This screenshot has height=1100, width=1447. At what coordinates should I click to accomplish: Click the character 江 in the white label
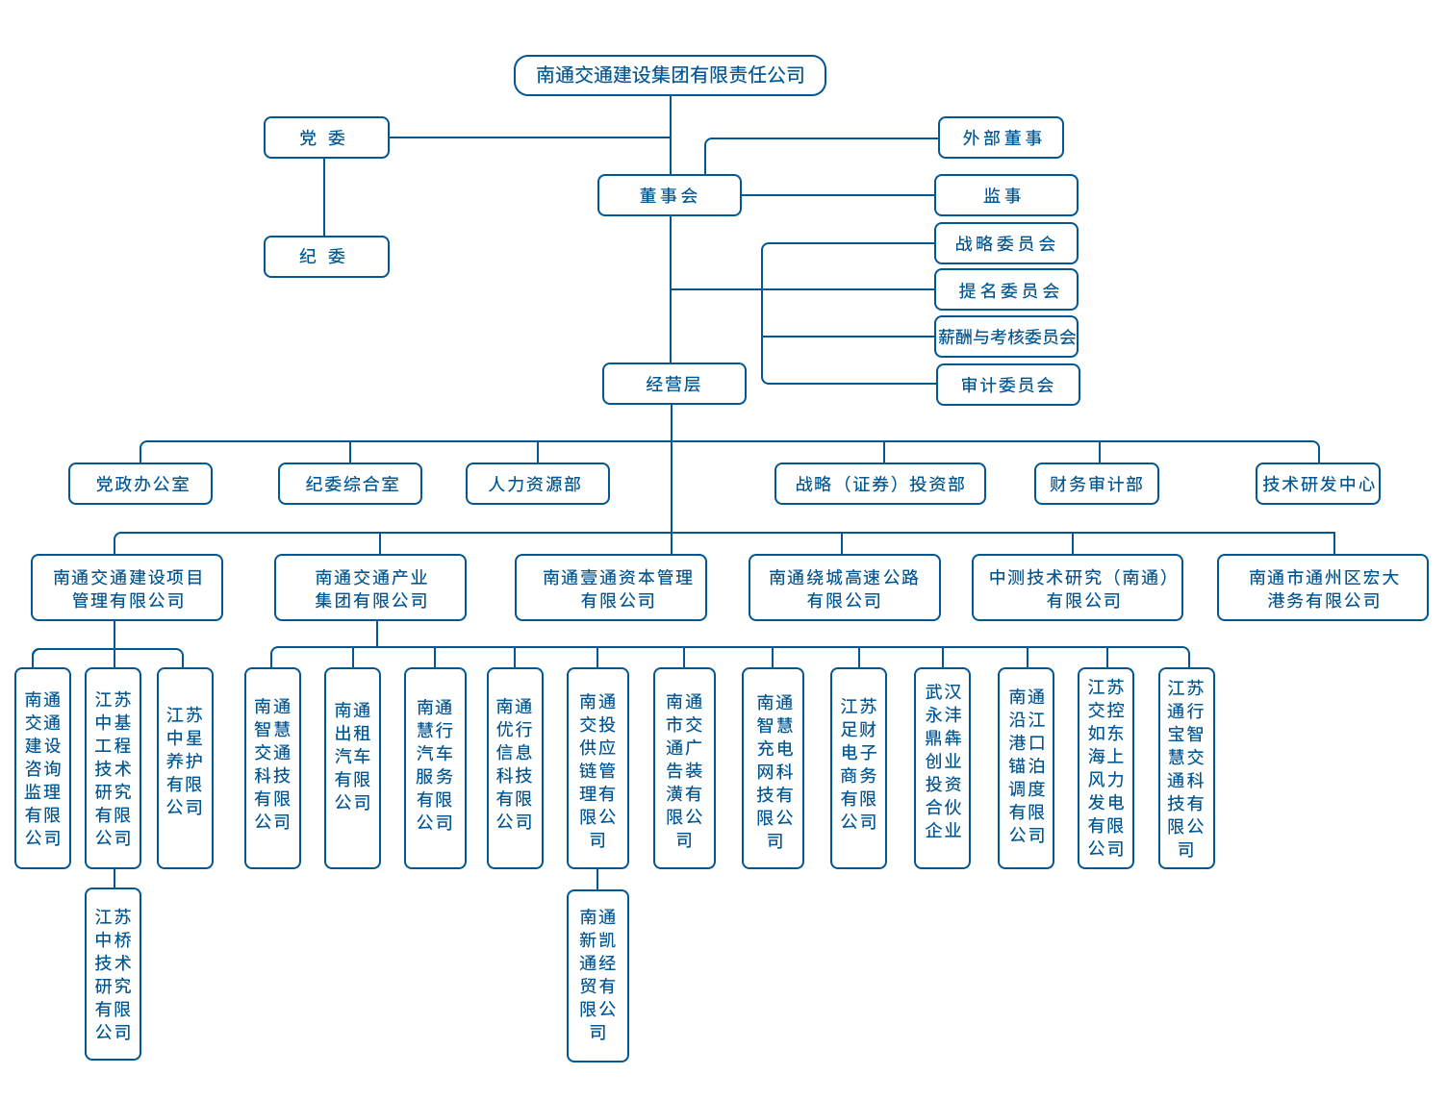101,699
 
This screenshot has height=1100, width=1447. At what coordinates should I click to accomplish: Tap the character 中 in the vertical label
101,722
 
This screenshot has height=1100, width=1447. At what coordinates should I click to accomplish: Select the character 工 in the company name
101,745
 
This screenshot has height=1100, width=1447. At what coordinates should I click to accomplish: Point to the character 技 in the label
101,768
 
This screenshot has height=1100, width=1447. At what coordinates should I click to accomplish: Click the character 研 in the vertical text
101,791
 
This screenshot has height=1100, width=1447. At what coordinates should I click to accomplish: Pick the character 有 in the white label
101,814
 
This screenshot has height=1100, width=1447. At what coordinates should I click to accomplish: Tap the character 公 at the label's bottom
101,837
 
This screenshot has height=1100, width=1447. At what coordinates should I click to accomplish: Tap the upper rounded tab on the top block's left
270,137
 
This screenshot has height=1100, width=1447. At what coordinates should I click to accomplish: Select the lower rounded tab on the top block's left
270,257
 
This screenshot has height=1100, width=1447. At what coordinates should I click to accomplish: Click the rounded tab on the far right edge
1422,587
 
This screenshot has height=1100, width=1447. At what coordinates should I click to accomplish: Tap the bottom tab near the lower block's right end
597,1044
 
